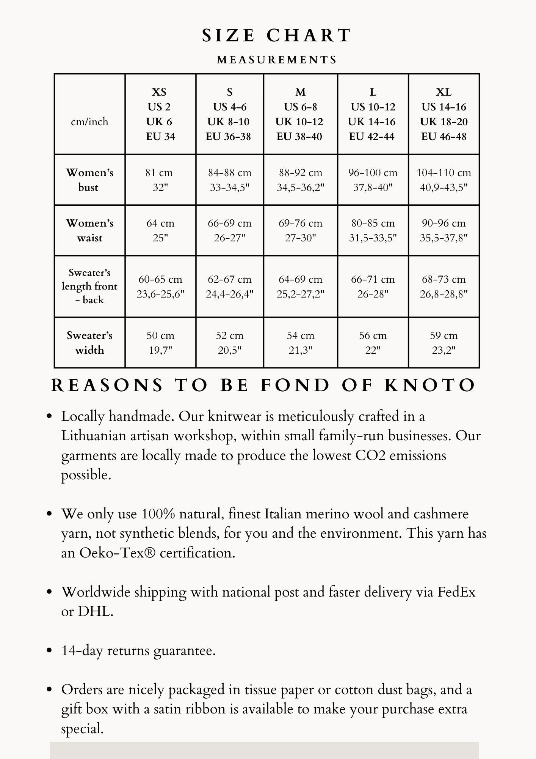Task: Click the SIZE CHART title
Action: [276, 36]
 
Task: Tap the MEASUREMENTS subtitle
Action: [277, 60]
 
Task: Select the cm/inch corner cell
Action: [89, 122]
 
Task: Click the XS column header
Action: [160, 114]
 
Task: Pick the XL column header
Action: [444, 114]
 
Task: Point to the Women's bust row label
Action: [89, 180]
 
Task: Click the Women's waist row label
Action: [89, 230]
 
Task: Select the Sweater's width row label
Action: [89, 342]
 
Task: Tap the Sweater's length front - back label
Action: [89, 286]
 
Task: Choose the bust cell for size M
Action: [300, 180]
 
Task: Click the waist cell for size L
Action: [373, 230]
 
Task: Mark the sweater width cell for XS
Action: [160, 342]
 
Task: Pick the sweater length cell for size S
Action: [229, 286]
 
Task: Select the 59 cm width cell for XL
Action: [444, 342]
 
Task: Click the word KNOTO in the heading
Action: [430, 386]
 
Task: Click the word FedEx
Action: [456, 592]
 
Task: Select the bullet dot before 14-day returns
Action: [49, 650]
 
